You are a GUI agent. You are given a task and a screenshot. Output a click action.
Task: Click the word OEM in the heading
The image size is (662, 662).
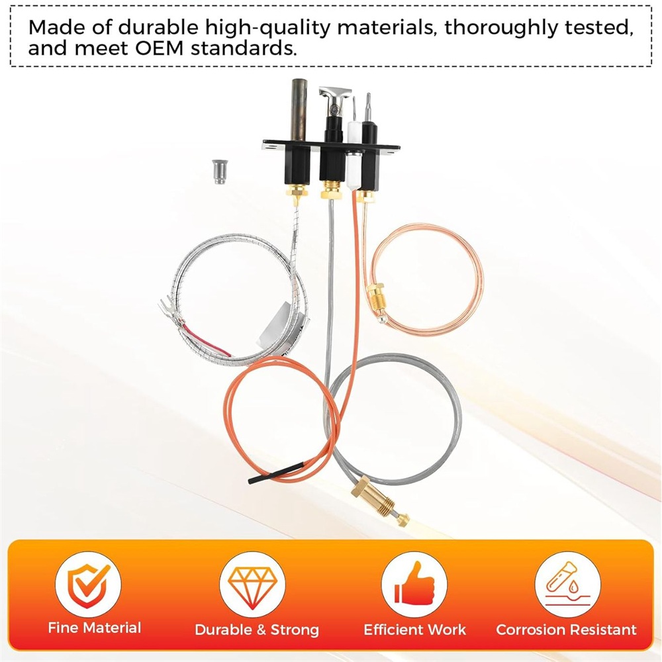159,48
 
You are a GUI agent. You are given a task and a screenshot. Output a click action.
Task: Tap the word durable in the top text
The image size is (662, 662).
158,27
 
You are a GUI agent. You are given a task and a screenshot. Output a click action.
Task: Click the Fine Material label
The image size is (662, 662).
95,628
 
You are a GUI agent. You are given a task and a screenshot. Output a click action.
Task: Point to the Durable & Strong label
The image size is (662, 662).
257,630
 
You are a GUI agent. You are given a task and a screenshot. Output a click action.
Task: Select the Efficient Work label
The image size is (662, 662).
415,630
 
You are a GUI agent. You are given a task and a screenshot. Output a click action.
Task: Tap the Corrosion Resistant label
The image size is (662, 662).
566,630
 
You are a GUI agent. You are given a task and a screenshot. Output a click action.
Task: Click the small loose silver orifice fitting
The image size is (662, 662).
218,171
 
